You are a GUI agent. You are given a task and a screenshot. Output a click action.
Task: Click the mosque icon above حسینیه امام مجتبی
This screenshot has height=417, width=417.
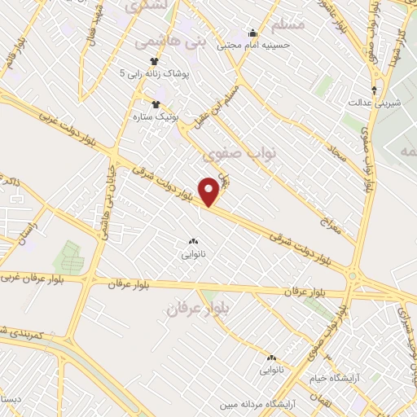[252, 33]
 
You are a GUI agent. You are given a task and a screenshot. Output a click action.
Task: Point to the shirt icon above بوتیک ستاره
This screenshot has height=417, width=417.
[156, 103]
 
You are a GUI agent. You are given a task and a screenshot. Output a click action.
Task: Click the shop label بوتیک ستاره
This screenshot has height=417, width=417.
[156, 116]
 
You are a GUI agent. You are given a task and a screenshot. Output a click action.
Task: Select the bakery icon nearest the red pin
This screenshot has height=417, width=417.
[193, 242]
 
